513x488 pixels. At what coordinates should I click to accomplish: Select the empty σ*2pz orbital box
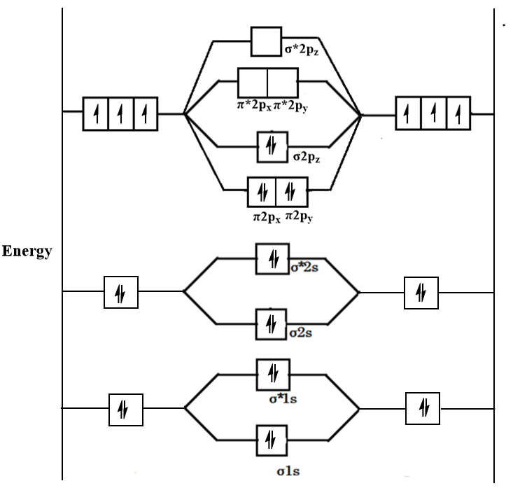pyautogui.click(x=266, y=42)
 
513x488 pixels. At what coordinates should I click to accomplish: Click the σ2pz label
pyautogui.click(x=305, y=153)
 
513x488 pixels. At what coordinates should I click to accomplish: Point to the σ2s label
pyautogui.click(x=302, y=332)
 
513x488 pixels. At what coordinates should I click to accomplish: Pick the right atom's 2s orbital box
pyautogui.click(x=421, y=291)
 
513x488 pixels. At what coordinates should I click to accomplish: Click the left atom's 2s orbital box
pyautogui.click(x=120, y=291)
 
